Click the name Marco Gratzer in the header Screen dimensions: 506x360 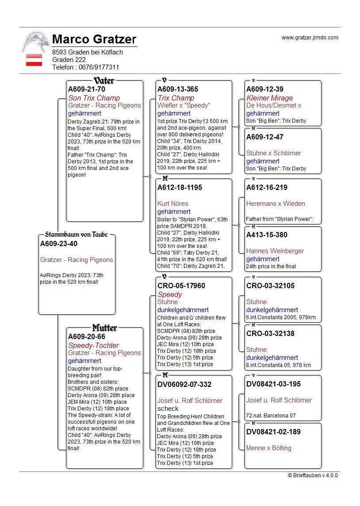(94, 39)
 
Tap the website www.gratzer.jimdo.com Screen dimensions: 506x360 (310, 38)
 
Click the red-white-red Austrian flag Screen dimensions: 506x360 (34, 60)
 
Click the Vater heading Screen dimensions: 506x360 (104, 81)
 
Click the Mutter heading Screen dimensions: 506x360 (104, 328)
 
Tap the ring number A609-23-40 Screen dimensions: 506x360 (59, 243)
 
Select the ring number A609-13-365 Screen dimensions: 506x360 (178, 89)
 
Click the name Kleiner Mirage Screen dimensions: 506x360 (269, 98)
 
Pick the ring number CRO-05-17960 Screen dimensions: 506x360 (181, 286)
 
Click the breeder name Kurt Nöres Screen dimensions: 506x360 (172, 204)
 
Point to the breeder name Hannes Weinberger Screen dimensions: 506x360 (275, 251)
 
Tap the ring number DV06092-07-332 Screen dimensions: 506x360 (184, 384)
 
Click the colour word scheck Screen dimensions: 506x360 (168, 409)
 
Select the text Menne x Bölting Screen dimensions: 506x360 (269, 448)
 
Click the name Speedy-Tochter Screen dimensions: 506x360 (93, 345)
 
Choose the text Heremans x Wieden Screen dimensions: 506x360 (276, 204)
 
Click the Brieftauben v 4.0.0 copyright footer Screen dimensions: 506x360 (313, 475)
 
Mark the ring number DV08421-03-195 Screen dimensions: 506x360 (273, 384)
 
